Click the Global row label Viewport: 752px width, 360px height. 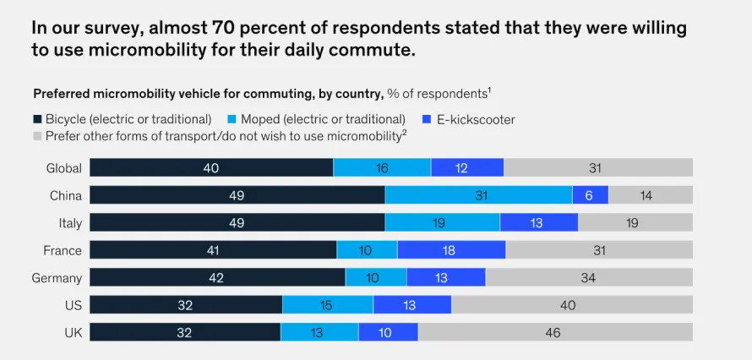pyautogui.click(x=64, y=168)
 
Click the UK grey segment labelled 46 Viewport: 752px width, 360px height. pyautogui.click(x=554, y=332)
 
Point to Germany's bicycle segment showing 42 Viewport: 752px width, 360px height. pyautogui.click(x=217, y=277)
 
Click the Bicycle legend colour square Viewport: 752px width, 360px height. pyautogui.click(x=37, y=120)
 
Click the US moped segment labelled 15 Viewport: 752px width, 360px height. pyautogui.click(x=328, y=305)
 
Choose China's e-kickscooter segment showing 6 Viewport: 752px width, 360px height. pyautogui.click(x=590, y=195)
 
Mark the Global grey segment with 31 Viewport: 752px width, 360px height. pyautogui.click(x=597, y=168)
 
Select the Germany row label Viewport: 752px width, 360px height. pyautogui.click(x=57, y=278)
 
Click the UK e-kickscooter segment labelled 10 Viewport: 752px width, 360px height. pyautogui.click(x=388, y=332)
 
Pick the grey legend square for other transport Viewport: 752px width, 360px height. pyautogui.click(x=37, y=135)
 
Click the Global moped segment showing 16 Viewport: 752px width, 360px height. pyautogui.click(x=382, y=168)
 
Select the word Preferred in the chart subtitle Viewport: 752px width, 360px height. pyautogui.click(x=62, y=93)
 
